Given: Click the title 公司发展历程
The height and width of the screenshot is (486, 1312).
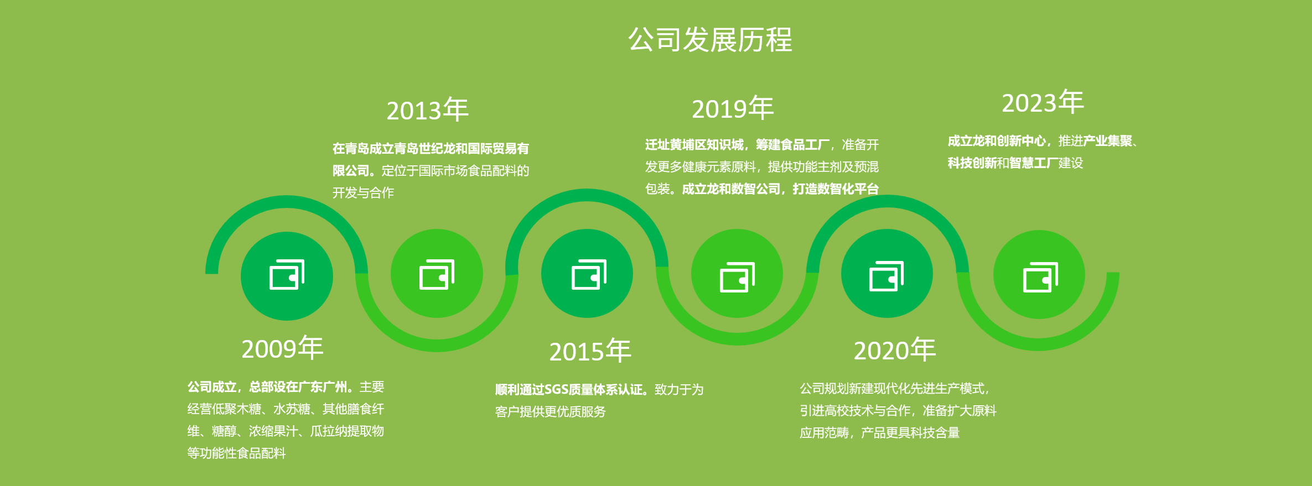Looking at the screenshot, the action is pos(711,40).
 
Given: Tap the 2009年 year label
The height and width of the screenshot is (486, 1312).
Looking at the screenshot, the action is pos(282,348).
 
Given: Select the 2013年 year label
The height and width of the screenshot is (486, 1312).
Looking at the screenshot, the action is pos(427,110).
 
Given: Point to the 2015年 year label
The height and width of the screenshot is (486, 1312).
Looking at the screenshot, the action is pos(590,351).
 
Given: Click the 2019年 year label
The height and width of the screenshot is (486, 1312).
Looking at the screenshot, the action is pos(733,108).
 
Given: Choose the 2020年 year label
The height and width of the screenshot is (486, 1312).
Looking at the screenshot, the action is pos(895,350).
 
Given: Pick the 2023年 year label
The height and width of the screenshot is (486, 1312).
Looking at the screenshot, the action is pos(1043,103).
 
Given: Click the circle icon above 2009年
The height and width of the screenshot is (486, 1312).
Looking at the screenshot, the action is pos(287,276).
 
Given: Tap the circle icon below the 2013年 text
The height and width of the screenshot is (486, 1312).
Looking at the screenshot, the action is pos(437,274).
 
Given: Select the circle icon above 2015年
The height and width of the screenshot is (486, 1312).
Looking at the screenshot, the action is pos(587,274).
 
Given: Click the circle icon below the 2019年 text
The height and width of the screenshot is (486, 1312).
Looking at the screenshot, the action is pos(737,274).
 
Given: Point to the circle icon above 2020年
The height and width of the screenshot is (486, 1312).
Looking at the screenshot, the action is pos(887,274).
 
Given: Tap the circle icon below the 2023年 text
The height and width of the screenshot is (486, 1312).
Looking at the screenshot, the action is pos(1039,275).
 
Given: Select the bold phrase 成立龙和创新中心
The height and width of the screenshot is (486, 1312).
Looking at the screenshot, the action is pos(997,141).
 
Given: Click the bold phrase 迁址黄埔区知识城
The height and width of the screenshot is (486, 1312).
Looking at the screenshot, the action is pos(694,145).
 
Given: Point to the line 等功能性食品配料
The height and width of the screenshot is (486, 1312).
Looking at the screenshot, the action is pos(236,453).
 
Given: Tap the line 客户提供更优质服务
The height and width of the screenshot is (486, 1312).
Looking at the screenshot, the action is pos(550,412).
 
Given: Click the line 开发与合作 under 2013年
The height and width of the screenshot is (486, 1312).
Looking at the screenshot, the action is pos(363,193).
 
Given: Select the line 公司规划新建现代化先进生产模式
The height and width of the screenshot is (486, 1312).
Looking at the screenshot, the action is pos(892,389).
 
